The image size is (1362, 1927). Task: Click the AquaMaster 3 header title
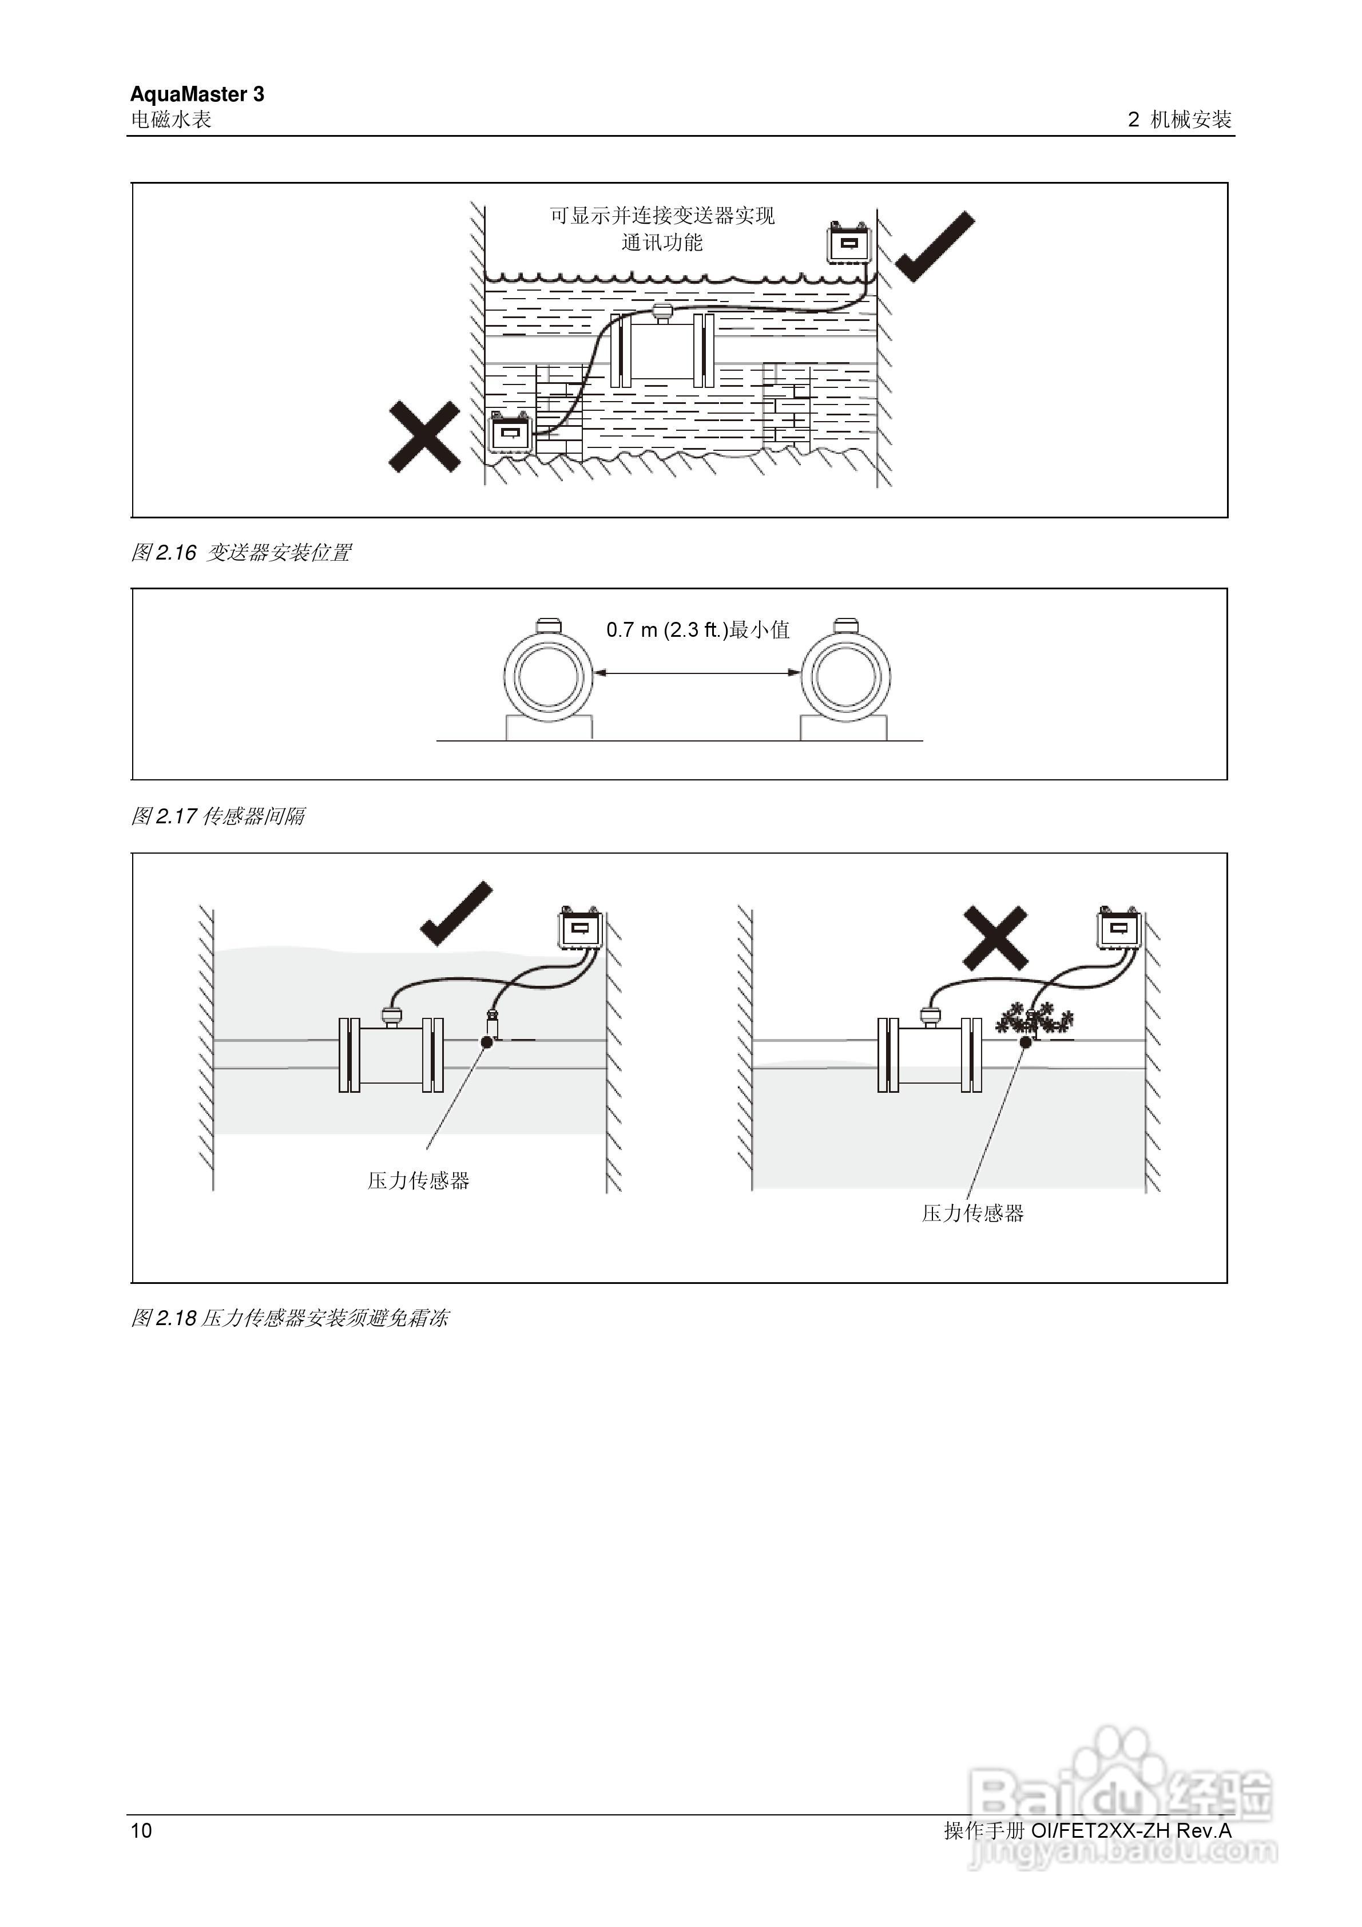click(x=197, y=94)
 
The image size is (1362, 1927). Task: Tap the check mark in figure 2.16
click(x=935, y=246)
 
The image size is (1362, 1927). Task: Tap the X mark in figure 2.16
click(x=424, y=437)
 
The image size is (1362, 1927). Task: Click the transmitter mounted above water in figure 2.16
click(x=849, y=243)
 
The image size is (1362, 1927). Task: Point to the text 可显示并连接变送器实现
click(x=661, y=216)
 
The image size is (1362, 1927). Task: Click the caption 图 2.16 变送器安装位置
click(x=241, y=552)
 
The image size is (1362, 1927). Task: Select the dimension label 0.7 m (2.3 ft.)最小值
click(x=697, y=629)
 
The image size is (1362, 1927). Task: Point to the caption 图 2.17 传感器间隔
click(x=218, y=816)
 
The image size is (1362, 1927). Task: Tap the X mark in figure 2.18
click(x=995, y=938)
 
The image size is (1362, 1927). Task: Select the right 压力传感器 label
click(x=972, y=1213)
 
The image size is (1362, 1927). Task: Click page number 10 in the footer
click(x=141, y=1830)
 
